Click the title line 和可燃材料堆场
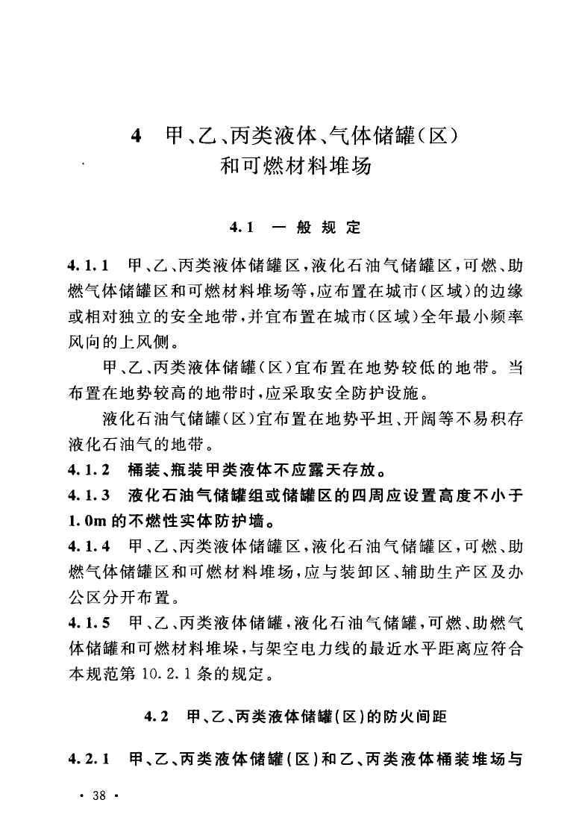click(295, 166)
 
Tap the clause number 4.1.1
click(88, 265)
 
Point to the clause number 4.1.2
click(88, 471)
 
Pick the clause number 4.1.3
click(88, 495)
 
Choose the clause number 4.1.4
click(88, 548)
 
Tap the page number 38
click(99, 795)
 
